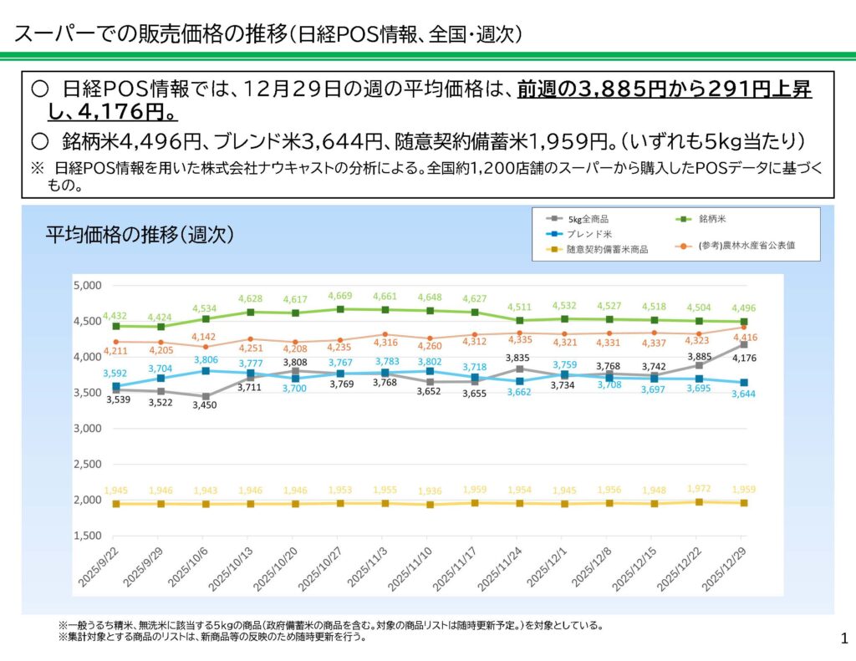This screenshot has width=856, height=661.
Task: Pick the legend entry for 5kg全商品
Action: point(593,218)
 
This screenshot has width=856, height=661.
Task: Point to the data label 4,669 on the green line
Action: point(340,296)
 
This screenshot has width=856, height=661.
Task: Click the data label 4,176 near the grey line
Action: point(742,358)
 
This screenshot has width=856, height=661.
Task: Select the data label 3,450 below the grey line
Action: point(206,405)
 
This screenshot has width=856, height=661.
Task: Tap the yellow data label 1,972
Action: point(699,487)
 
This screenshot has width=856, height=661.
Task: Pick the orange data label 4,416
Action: point(743,338)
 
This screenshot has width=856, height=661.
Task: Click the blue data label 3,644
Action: point(743,394)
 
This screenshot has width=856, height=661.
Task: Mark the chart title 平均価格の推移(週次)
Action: point(139,234)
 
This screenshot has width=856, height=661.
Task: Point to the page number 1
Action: point(842,639)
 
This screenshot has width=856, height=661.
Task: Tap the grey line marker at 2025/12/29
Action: point(743,344)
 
